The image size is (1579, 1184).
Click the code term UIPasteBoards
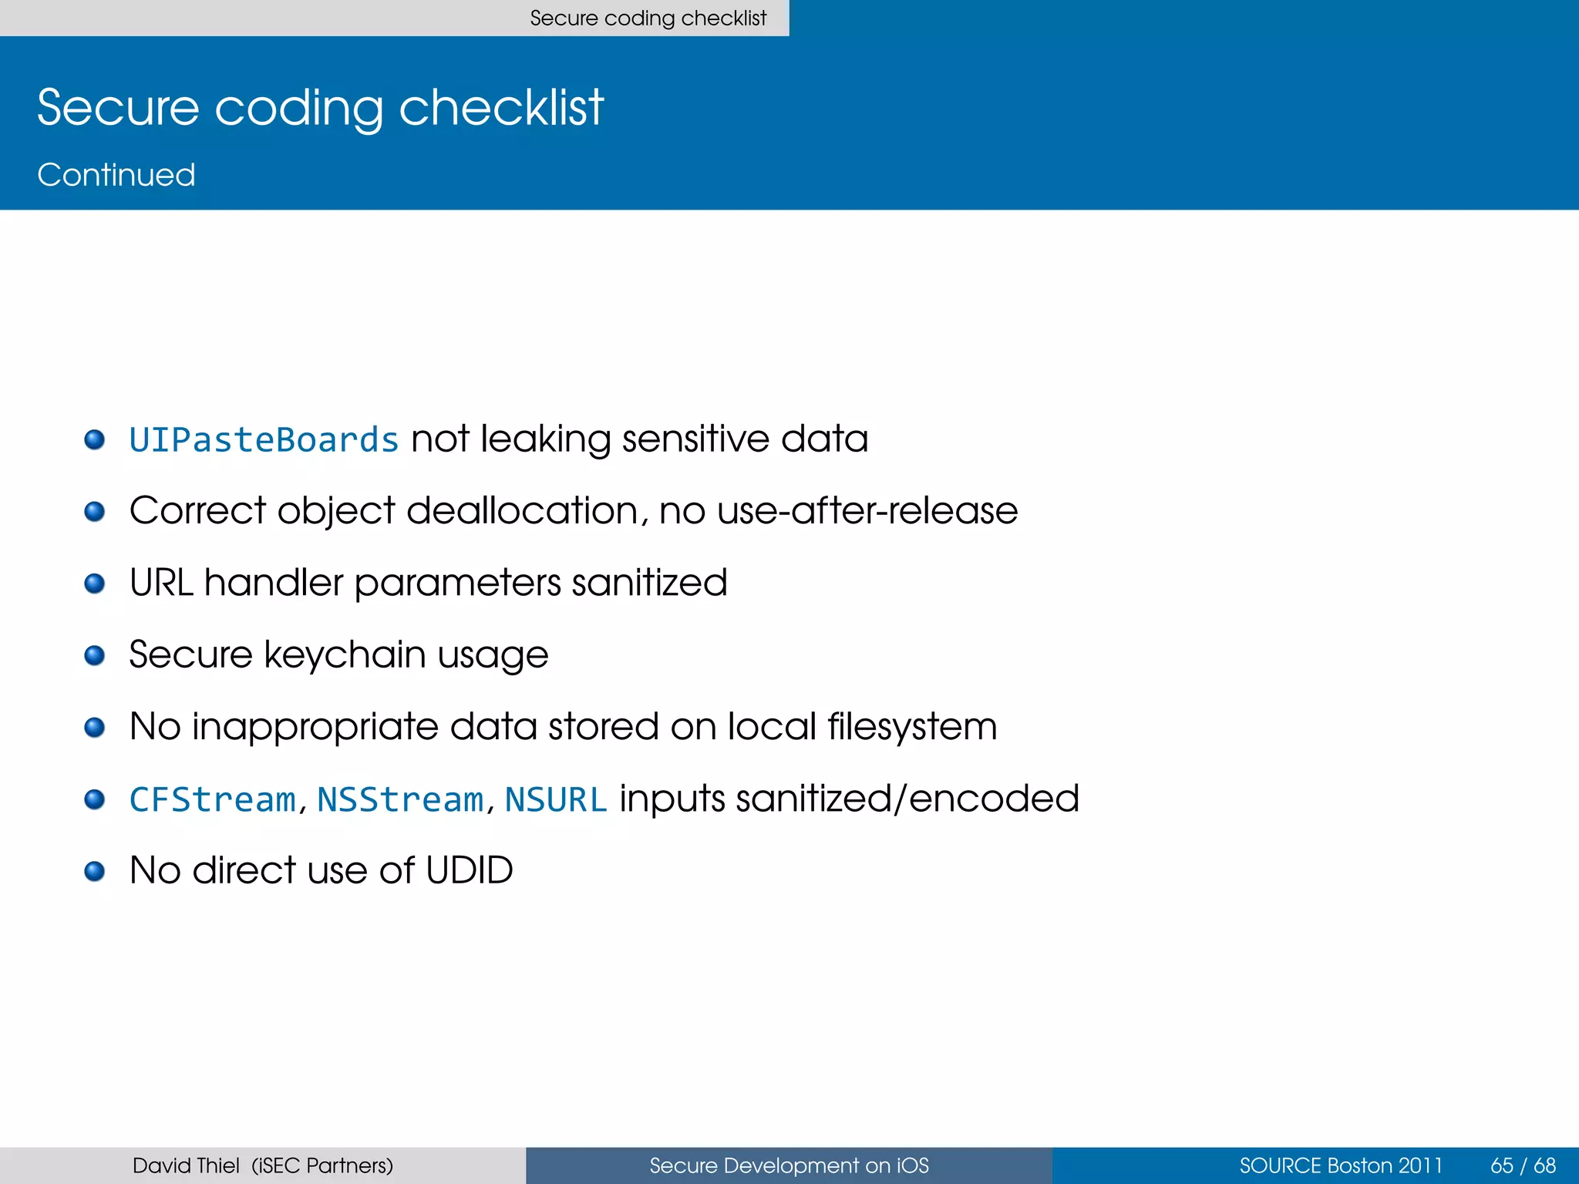[x=264, y=440]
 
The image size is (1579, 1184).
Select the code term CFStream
[x=212, y=799]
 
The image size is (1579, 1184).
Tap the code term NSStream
[x=399, y=799]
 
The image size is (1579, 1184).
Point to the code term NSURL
[x=556, y=799]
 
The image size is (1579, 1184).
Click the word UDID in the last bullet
[x=469, y=870]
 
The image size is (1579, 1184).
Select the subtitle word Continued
[x=116, y=175]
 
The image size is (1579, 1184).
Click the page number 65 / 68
[x=1523, y=1165]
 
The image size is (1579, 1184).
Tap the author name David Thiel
[x=186, y=1165]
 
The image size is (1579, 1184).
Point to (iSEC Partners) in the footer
[x=322, y=1165]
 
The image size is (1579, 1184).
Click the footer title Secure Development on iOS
[x=789, y=1165]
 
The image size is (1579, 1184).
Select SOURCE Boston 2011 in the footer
[x=1340, y=1165]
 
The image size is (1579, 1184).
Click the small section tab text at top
[x=648, y=18]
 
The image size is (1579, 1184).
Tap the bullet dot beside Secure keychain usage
[x=95, y=655]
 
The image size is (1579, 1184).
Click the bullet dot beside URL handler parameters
[x=95, y=584]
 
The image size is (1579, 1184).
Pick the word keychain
[x=345, y=655]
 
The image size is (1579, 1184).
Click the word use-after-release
[x=867, y=511]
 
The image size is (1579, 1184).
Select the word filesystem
[x=912, y=727]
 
